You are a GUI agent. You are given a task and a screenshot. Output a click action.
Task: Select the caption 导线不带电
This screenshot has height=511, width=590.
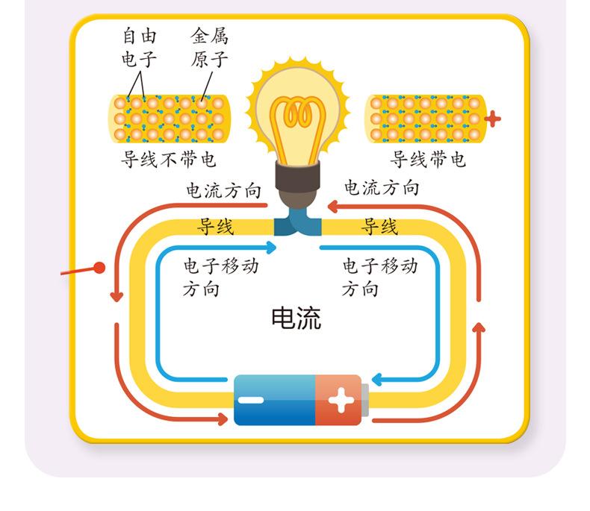[x=169, y=159]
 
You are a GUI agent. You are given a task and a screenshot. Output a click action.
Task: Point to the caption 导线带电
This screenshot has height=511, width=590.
[x=428, y=159]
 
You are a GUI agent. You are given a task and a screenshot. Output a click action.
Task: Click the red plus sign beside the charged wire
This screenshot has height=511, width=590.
[x=493, y=118]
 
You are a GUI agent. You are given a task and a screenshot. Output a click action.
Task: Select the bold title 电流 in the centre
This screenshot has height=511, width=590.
[x=296, y=319]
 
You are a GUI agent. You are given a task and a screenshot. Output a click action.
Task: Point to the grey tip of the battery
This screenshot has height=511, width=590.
[x=365, y=401]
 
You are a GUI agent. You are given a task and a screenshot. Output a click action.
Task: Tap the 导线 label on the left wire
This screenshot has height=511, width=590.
[x=215, y=226]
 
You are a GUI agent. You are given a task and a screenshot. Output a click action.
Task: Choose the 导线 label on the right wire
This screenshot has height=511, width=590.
[x=379, y=226]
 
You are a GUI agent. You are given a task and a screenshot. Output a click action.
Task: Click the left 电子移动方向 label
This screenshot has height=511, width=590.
[x=216, y=277]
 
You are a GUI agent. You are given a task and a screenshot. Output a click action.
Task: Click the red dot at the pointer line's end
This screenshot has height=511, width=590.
[x=99, y=267]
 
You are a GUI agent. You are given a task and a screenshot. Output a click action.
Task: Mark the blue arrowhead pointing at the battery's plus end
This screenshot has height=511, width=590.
[x=376, y=380]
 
